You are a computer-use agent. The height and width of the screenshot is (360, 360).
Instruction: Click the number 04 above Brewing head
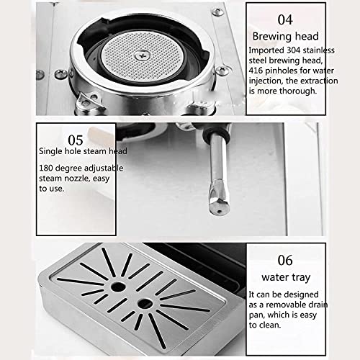click(285, 19)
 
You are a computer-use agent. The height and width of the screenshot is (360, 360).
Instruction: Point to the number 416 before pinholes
click(256, 71)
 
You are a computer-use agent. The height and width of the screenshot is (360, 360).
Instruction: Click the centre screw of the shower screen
click(142, 56)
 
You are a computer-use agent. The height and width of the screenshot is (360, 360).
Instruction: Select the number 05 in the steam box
click(76, 140)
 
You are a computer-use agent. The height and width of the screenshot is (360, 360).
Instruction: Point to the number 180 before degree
click(45, 168)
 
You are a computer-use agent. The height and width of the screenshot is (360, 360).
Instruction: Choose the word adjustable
click(105, 168)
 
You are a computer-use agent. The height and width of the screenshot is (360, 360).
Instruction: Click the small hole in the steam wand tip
click(219, 212)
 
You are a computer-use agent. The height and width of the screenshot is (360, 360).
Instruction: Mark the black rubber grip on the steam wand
click(217, 132)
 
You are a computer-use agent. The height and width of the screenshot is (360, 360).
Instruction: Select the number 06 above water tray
click(285, 261)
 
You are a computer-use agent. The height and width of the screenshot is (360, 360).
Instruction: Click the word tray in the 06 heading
click(300, 278)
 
